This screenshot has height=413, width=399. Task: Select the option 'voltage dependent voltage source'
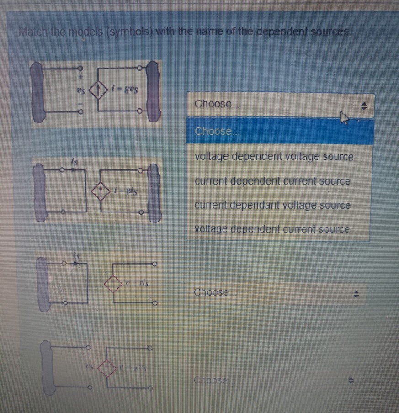pyautogui.click(x=274, y=157)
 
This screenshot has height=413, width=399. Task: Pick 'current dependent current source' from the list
pyautogui.click(x=272, y=181)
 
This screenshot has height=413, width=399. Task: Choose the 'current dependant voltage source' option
pyautogui.click(x=272, y=206)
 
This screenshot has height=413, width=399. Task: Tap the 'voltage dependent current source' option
pyautogui.click(x=272, y=229)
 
